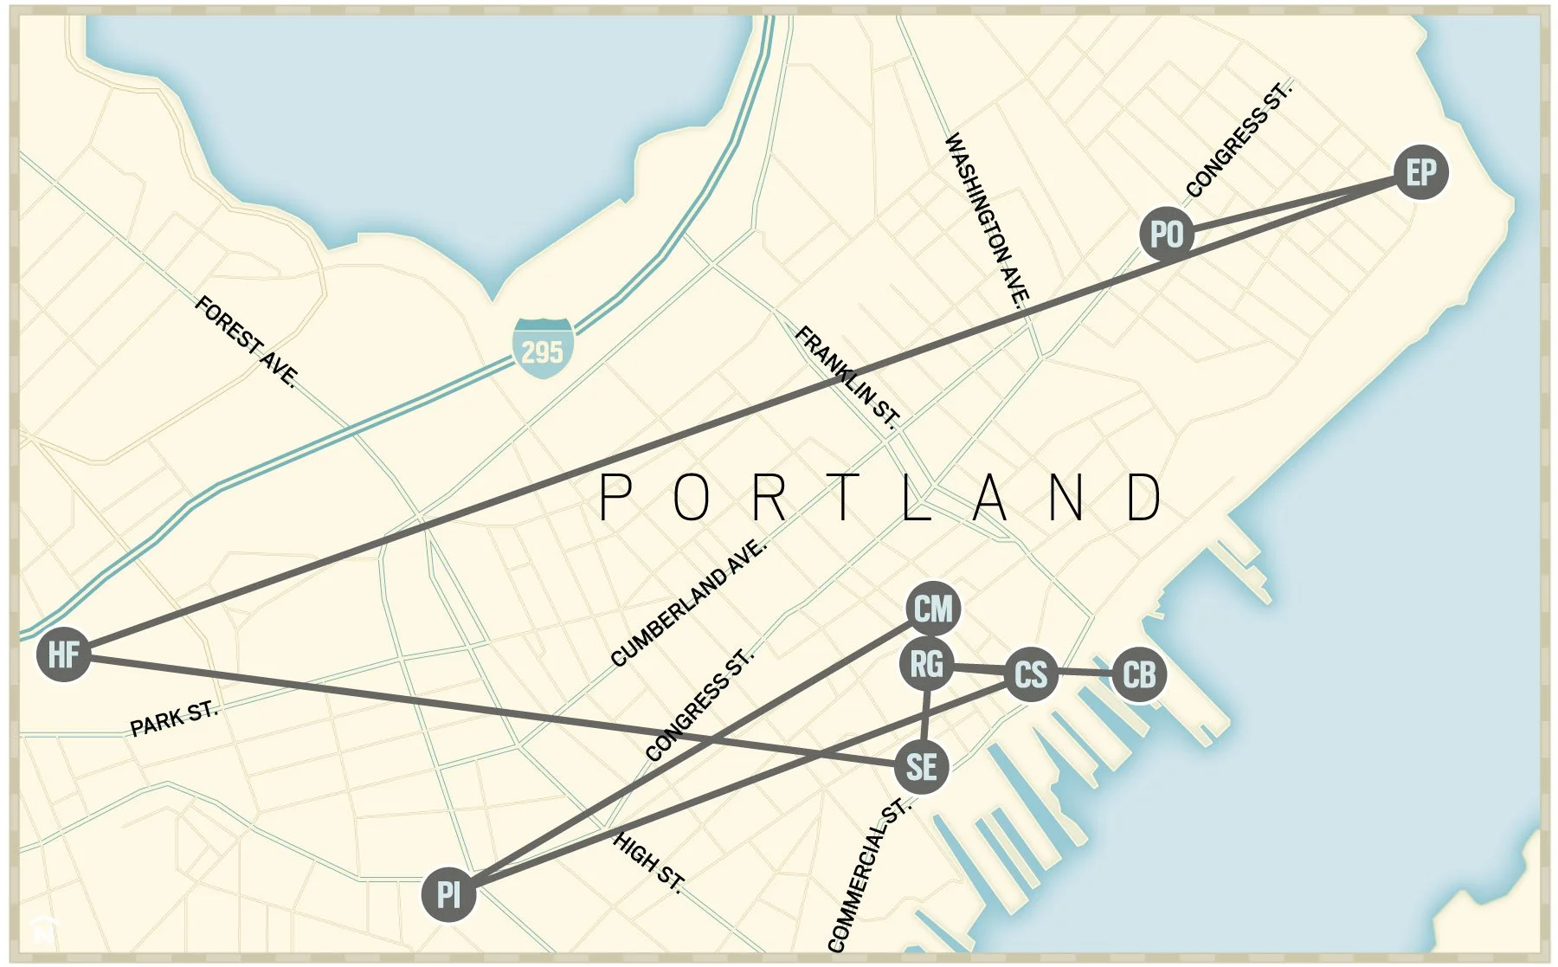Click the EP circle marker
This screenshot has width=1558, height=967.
click(x=1420, y=172)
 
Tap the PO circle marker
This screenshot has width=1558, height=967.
click(x=1166, y=234)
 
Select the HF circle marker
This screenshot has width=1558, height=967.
click(x=63, y=654)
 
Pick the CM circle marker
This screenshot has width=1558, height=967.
click(x=932, y=609)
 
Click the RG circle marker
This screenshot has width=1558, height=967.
click(x=926, y=665)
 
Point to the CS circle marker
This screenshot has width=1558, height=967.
click(x=1030, y=674)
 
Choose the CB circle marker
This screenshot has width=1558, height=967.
click(x=1138, y=674)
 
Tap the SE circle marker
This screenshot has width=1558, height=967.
click(x=921, y=767)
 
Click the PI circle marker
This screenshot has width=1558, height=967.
click(x=448, y=894)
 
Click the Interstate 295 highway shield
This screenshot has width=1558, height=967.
click(x=543, y=349)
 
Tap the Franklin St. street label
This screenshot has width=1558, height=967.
click(x=847, y=377)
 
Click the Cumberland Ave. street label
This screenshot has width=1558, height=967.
click(x=688, y=603)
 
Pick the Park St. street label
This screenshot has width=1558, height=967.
click(x=174, y=719)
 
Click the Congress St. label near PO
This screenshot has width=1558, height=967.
click(x=1238, y=139)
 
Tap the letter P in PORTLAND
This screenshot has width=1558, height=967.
click(x=616, y=498)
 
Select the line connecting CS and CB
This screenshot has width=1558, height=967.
click(x=1085, y=673)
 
